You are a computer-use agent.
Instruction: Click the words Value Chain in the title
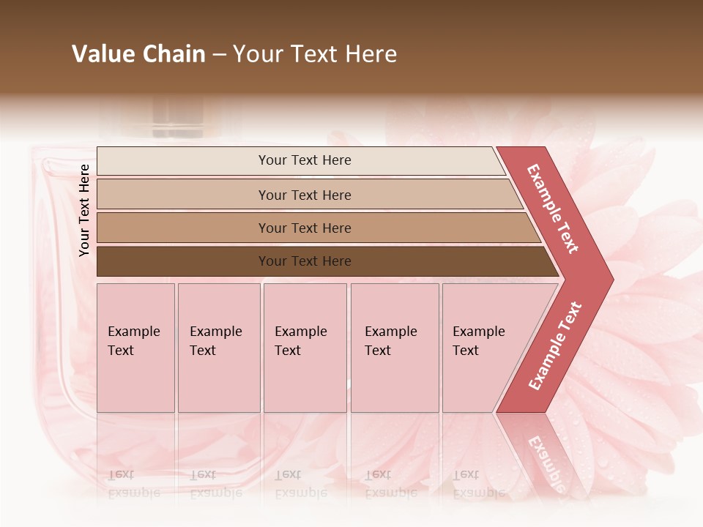(x=138, y=54)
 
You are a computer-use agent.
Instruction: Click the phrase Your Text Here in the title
(x=315, y=54)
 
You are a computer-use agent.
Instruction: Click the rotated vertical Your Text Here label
(x=84, y=210)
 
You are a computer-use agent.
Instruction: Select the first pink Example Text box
(x=135, y=348)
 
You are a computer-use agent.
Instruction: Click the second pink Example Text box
(x=219, y=348)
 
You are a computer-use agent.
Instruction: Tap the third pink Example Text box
(x=305, y=348)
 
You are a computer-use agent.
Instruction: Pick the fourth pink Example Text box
(x=395, y=348)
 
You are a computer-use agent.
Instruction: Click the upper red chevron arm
(x=553, y=209)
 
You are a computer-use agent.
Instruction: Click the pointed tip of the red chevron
(x=604, y=278)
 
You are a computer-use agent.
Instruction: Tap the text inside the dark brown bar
(x=305, y=261)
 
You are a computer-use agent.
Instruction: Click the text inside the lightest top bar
(x=305, y=160)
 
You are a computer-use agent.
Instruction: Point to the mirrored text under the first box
(x=133, y=483)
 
